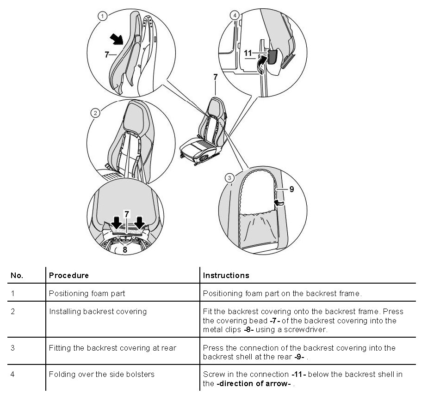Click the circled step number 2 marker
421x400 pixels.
click(95, 113)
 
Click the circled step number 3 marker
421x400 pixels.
click(229, 177)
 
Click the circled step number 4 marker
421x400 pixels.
click(235, 15)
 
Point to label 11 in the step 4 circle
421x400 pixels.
click(248, 53)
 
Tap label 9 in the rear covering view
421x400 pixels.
click(292, 188)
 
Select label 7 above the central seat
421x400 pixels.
click(215, 78)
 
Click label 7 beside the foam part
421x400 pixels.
click(107, 54)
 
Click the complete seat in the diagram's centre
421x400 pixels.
click(206, 134)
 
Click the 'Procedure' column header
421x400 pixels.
click(69, 275)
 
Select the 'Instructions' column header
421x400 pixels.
click(226, 275)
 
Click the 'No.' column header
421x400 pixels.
click(17, 275)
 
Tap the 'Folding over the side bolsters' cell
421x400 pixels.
click(102, 374)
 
